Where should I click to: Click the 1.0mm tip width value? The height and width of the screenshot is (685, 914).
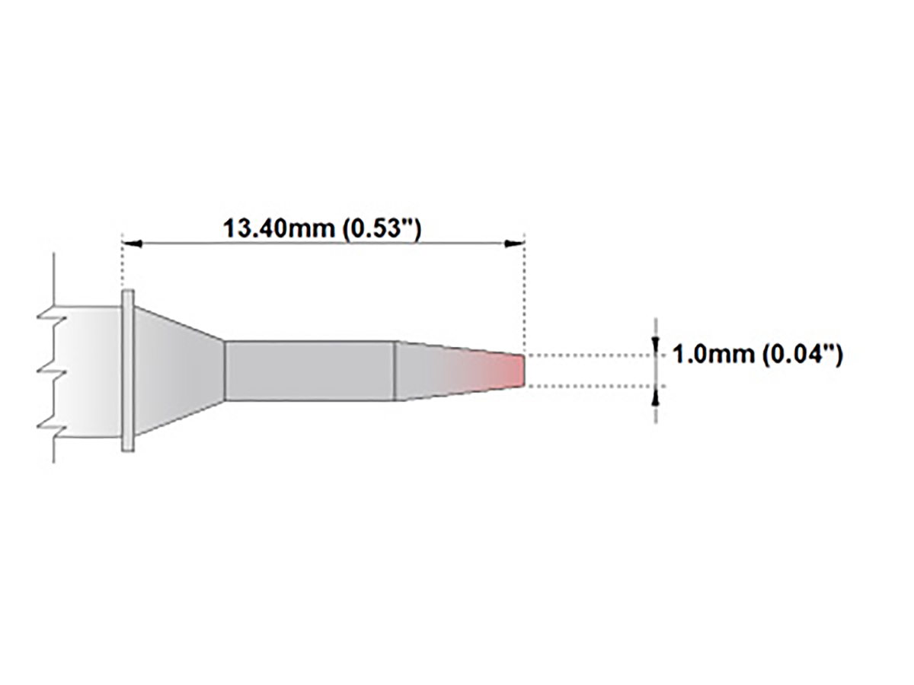713,355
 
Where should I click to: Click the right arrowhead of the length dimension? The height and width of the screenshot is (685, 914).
516,244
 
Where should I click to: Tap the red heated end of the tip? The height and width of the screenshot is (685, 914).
512,370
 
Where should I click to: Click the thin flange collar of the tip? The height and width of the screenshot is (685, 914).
128,371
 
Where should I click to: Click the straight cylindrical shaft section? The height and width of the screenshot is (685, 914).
308,371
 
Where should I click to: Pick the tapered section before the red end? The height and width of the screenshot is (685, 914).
434,371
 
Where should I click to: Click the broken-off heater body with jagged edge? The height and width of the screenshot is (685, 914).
84,371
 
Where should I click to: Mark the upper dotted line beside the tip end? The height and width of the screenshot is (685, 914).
586,355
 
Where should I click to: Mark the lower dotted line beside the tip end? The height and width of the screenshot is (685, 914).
586,386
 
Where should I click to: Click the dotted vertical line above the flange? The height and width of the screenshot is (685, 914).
123,266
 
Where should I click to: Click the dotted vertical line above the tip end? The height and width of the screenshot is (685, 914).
524,297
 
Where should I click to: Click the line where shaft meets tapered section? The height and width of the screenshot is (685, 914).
394,371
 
